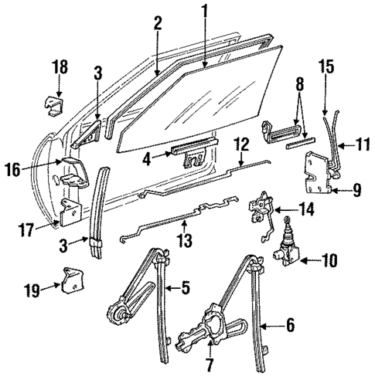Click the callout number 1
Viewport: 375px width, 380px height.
(x=205, y=10)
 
